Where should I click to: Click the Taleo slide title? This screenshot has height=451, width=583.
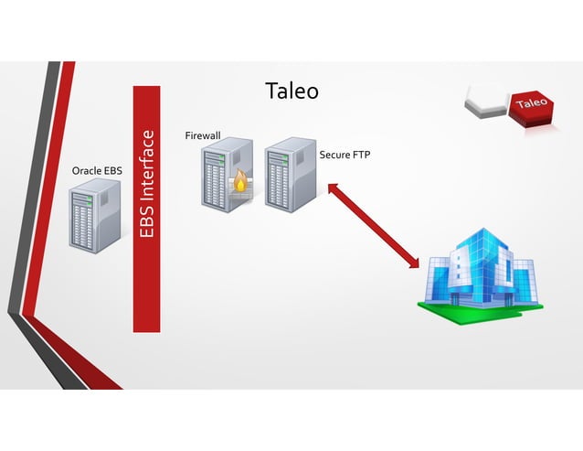point(291,91)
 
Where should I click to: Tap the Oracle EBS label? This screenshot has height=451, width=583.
point(96,170)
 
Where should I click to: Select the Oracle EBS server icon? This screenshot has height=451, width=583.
point(96,216)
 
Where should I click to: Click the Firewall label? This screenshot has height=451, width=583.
point(203,135)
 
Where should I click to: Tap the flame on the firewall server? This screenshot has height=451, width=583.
point(240,183)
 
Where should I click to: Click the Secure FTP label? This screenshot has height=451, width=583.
point(344,155)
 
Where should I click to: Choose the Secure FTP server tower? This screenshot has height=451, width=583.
point(291,174)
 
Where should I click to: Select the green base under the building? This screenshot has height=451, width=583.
point(480,306)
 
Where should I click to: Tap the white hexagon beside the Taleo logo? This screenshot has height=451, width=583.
point(486,102)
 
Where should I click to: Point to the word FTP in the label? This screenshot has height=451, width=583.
point(360,155)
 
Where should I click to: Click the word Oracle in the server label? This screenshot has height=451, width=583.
point(86,170)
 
